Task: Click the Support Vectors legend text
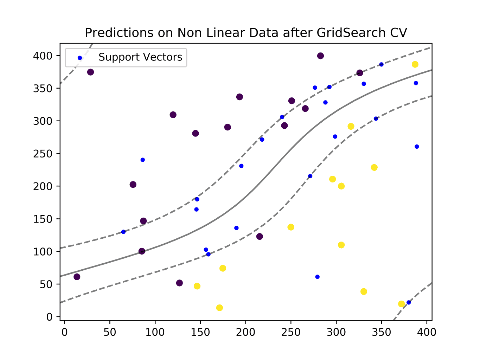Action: (140, 57)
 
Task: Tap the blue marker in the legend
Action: (80, 58)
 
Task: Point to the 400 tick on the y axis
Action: (43, 56)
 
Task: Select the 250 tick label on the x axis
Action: (291, 332)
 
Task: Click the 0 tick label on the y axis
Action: (49, 317)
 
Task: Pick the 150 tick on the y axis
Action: (43, 219)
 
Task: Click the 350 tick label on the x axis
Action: (382, 332)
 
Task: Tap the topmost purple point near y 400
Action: (320, 56)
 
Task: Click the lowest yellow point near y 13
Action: (219, 308)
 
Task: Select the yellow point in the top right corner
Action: (415, 64)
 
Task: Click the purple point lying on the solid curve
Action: (142, 251)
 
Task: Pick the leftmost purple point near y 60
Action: (77, 277)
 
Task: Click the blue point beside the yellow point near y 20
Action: (409, 302)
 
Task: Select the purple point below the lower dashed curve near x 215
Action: (260, 237)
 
